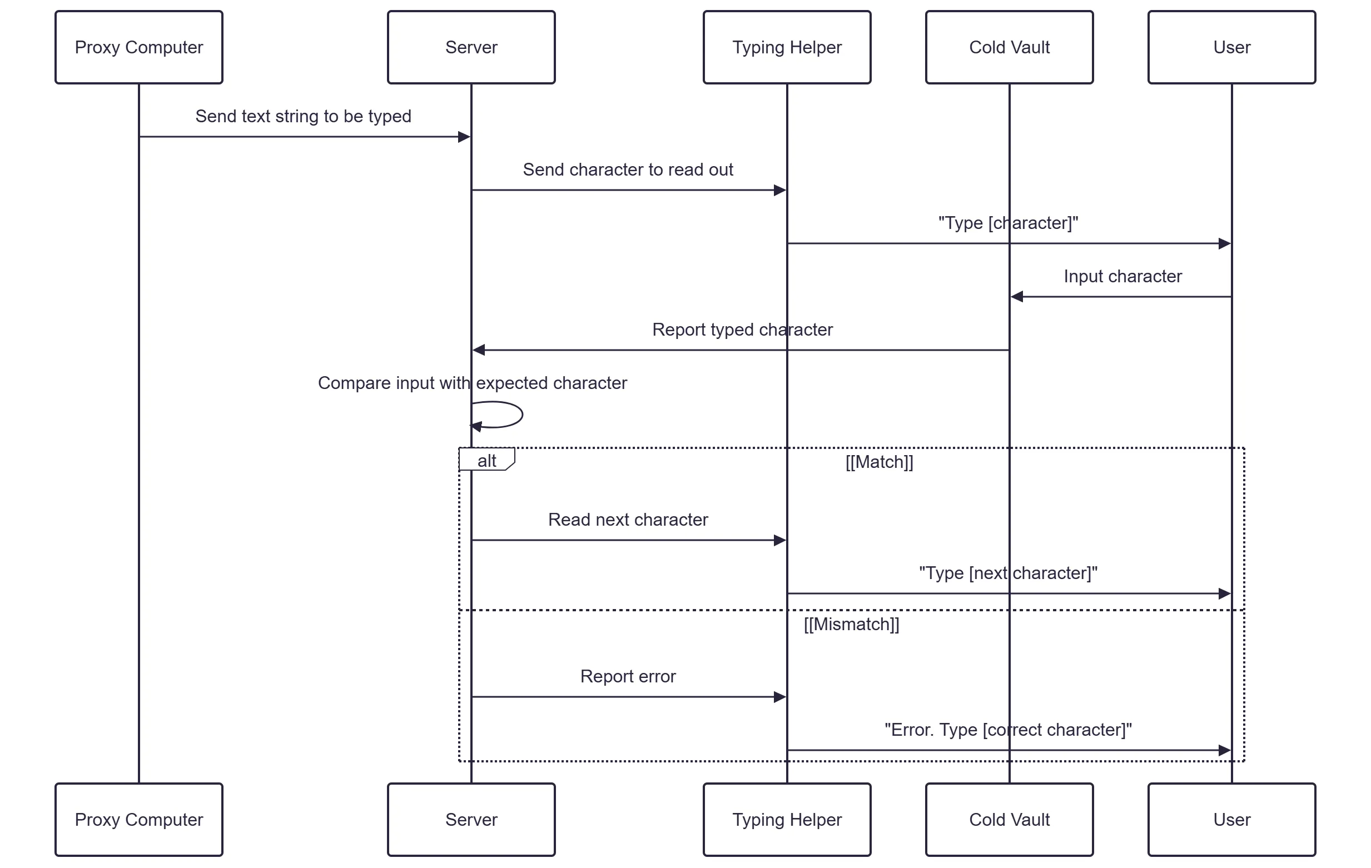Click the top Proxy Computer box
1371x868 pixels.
pos(139,47)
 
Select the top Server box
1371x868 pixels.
pos(471,47)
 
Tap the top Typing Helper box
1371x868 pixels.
pos(787,47)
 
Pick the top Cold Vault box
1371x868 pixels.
pos(1010,47)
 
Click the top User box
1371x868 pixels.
pos(1232,47)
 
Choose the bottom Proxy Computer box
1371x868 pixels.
pos(139,820)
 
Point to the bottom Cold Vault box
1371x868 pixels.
pos(1010,820)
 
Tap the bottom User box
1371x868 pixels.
pos(1232,820)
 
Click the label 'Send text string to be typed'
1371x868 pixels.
pos(304,116)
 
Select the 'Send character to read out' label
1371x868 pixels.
pos(628,169)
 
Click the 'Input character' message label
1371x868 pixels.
pos(1122,277)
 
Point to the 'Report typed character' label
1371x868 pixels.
pos(742,330)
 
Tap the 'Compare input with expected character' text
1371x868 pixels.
pos(473,383)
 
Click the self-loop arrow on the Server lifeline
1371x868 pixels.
pos(522,415)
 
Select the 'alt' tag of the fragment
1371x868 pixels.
pos(487,460)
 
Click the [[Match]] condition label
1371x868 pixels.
pos(879,462)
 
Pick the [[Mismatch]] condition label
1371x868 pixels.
pos(852,625)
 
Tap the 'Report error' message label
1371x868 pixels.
pos(628,676)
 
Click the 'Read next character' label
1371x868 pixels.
pos(628,520)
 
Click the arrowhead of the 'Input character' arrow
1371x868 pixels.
pos(1017,297)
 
